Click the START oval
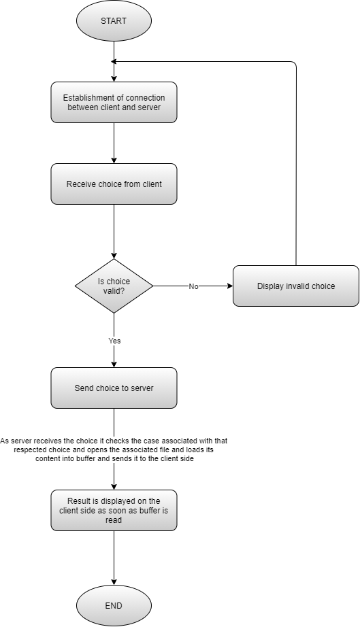[x=114, y=21]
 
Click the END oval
[x=114, y=605]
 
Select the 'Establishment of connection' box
[x=114, y=103]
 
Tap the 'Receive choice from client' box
[x=114, y=184]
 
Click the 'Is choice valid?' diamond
[x=114, y=286]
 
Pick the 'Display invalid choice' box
[x=295, y=286]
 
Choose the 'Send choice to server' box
[x=114, y=388]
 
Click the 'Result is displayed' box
[x=114, y=510]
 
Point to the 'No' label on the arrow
[x=193, y=286]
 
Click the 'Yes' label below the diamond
[x=114, y=339]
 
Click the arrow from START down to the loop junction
[x=114, y=51]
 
